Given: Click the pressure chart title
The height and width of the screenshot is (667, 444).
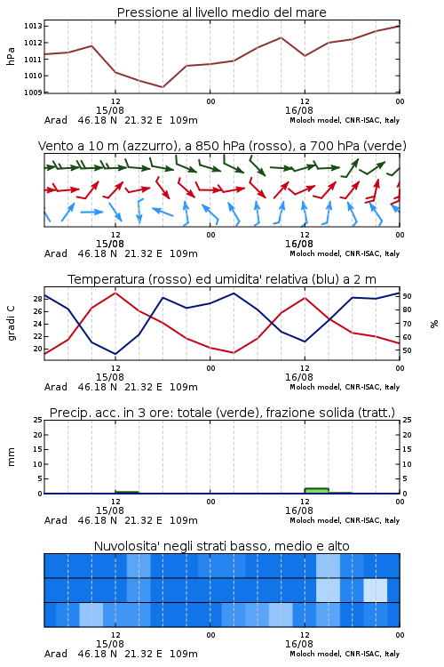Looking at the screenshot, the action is coord(221,12).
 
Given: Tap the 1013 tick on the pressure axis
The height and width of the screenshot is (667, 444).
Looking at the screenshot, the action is coord(33,27).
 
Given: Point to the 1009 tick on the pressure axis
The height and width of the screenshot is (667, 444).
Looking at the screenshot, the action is coord(33,92).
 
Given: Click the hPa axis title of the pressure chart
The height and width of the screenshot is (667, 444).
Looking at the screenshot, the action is coord(11,56).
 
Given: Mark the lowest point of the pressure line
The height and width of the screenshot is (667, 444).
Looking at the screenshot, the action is coord(163,87).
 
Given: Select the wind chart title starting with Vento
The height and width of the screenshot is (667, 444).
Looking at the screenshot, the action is coord(222,146).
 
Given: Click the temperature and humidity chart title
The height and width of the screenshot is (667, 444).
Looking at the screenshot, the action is coord(222,279).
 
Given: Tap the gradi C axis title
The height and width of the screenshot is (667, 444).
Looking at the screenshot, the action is coord(11,324).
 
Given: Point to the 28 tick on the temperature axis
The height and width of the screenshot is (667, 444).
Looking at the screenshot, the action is coord(38,299).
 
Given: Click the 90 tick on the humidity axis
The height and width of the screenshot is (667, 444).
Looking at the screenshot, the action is coord(407,296).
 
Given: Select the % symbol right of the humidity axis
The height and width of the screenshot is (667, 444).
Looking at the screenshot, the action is coord(434,324).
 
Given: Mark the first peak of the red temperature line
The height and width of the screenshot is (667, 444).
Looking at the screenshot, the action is coord(115,293).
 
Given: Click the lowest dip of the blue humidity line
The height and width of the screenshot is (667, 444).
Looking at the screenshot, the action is coord(115,354).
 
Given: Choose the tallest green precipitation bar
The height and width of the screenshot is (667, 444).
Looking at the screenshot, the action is coord(316,491).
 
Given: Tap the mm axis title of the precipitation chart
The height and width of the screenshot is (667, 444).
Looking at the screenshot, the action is coord(11,457).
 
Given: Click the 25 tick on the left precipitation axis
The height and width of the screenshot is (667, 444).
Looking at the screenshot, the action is coord(38,421).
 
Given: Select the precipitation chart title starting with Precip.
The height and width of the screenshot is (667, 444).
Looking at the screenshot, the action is coord(222,413).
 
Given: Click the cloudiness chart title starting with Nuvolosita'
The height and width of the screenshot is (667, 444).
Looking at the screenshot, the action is coord(222,546).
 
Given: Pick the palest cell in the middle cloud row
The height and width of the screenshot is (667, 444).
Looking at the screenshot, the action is coord(376,590).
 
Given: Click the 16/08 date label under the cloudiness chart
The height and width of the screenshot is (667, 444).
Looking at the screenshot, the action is coord(298,644).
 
